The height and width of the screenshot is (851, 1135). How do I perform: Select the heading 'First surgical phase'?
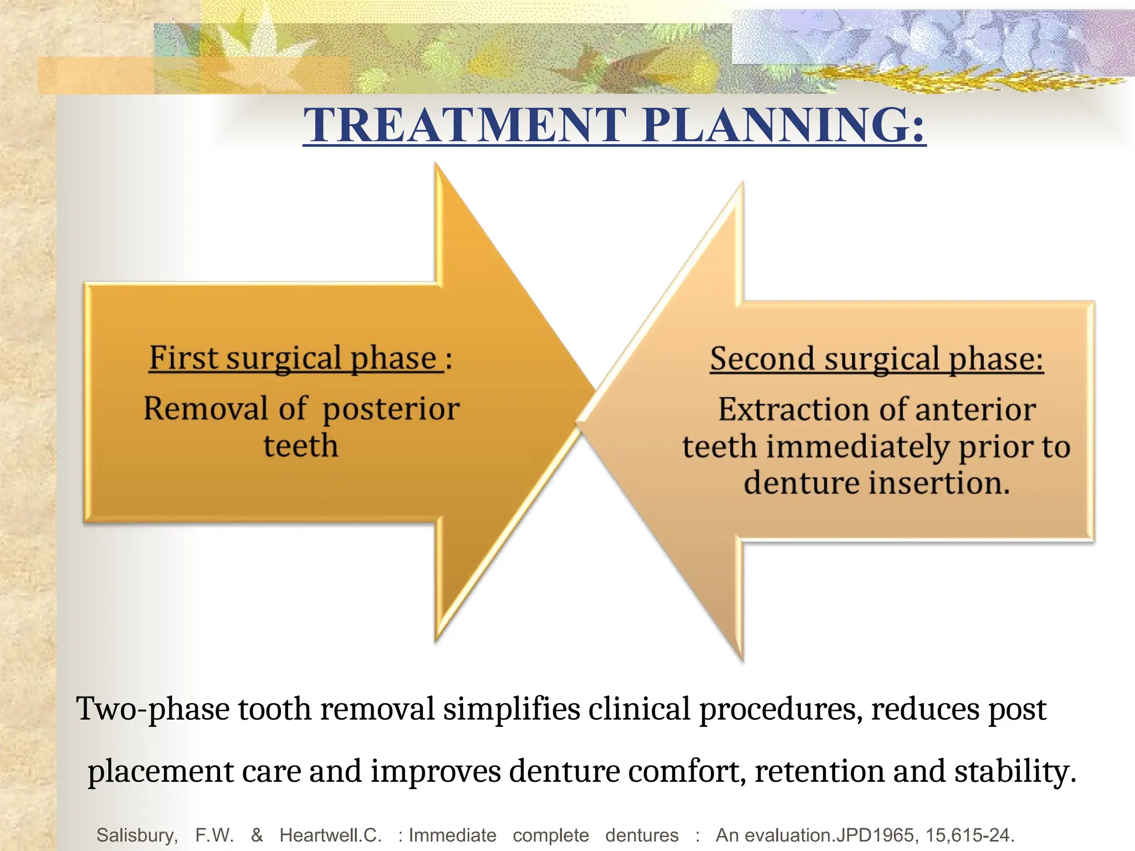point(294,358)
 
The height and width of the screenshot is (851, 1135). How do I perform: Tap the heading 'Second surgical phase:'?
point(877,359)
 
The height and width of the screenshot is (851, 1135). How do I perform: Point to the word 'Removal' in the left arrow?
point(206,409)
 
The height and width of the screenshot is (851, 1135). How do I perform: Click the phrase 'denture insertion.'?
point(877,483)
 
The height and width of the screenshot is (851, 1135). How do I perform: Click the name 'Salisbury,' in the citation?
point(137,835)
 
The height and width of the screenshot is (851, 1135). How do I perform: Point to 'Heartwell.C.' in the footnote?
point(330,835)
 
